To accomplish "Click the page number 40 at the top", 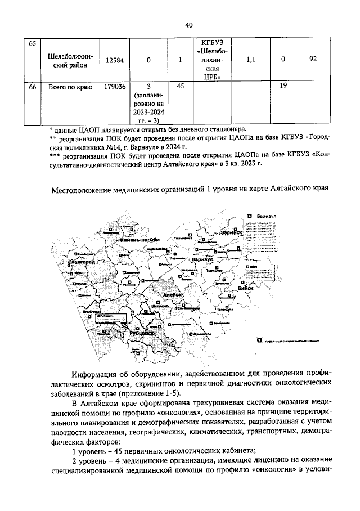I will [x=188, y=24].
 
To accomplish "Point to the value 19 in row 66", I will [x=283, y=87].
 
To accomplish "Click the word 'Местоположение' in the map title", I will [x=82, y=190].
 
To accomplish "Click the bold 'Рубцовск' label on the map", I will [x=140, y=334].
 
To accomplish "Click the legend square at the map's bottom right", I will [x=259, y=340].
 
